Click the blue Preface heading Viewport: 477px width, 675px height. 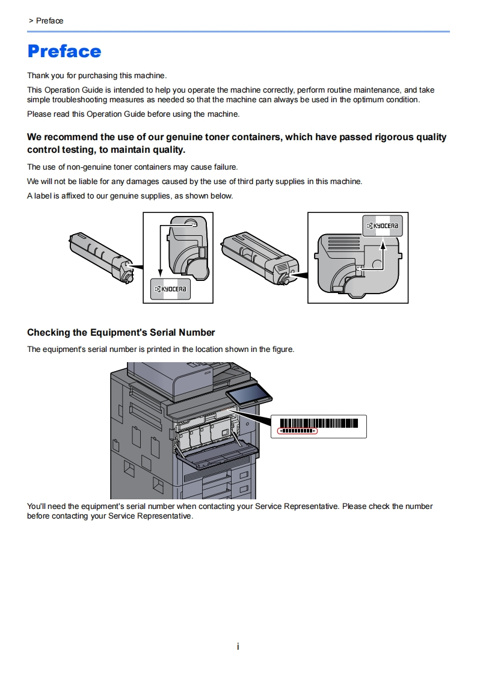pyautogui.click(x=64, y=51)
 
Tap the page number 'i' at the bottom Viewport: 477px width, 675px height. pyautogui.click(x=238, y=647)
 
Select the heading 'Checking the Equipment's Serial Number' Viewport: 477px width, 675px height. pyautogui.click(x=121, y=333)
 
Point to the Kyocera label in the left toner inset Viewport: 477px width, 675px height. pyautogui.click(x=171, y=289)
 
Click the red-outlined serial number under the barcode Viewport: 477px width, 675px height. pyautogui.click(x=297, y=431)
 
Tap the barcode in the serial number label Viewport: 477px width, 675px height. pyautogui.click(x=319, y=422)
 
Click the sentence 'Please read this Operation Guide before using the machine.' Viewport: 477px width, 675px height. pyautogui.click(x=133, y=114)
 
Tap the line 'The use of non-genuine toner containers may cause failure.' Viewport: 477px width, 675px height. pyautogui.click(x=132, y=167)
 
